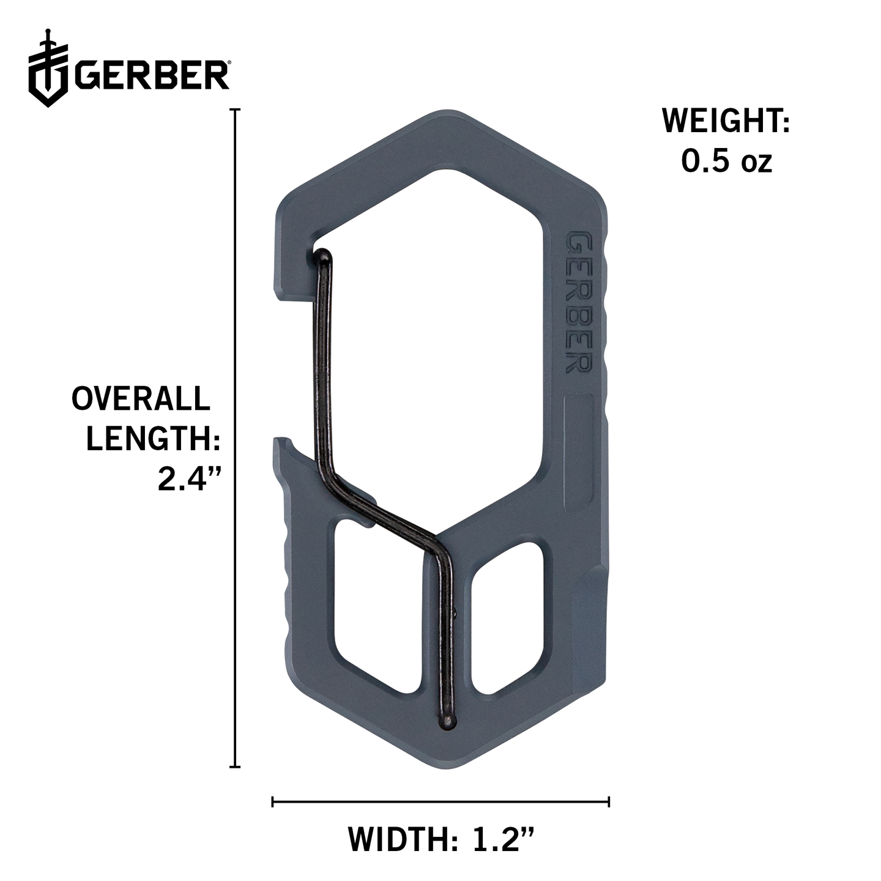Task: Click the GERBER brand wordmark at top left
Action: click(152, 75)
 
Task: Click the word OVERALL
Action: click(141, 398)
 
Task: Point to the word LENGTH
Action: click(154, 438)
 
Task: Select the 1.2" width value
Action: click(502, 838)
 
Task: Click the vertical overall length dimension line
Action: click(235, 438)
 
